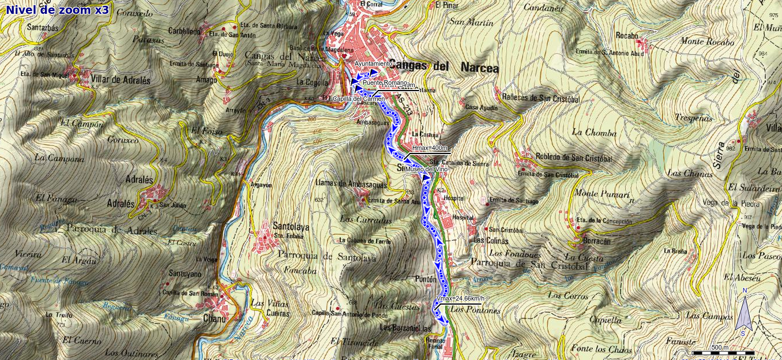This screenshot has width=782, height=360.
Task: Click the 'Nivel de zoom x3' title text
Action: click(57, 9)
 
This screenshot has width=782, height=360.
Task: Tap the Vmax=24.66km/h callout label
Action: click(460, 298)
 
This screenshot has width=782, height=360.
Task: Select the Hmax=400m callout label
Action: click(430, 148)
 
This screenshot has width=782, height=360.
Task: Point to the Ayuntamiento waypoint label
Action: click(373, 63)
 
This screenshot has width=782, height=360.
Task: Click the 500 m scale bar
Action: click(723, 350)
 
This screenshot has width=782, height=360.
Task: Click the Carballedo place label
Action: click(185, 32)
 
